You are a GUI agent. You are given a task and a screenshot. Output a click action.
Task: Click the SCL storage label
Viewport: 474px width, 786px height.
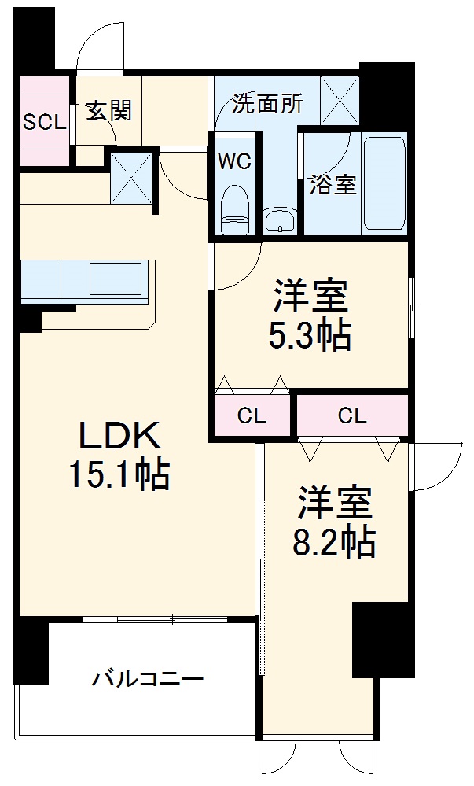[x=45, y=122]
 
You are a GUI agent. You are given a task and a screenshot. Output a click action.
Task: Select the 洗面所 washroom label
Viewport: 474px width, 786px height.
[x=267, y=104]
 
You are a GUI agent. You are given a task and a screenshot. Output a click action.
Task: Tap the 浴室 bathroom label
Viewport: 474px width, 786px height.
[x=333, y=186]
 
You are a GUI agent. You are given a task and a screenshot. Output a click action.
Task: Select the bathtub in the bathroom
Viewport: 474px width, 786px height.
[x=384, y=183]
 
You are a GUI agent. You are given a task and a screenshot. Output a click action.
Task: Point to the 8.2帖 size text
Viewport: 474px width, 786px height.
[x=334, y=542]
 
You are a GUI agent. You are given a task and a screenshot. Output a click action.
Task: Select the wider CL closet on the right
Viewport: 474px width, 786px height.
[x=352, y=415]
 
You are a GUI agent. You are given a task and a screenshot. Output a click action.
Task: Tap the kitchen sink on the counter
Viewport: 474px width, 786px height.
[x=116, y=279]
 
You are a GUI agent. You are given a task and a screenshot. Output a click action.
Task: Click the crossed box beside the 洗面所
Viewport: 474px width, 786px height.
[x=340, y=100]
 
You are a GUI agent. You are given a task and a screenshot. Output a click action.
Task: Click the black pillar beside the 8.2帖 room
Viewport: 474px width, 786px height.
[x=384, y=639]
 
